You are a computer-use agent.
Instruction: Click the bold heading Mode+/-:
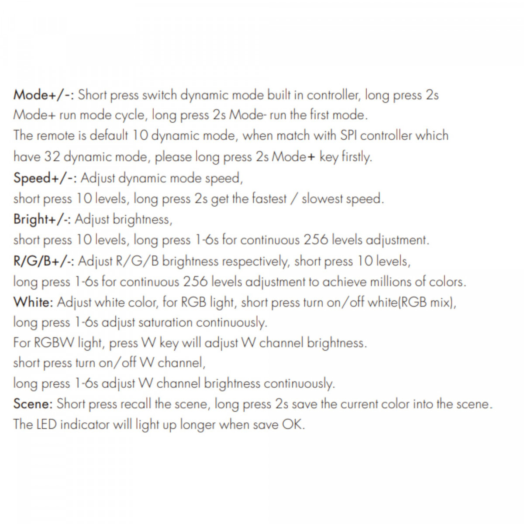[44, 95]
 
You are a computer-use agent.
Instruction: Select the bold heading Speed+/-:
[45, 178]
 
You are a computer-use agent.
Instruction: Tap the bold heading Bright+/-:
[42, 219]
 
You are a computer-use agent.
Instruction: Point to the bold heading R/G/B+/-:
[44, 261]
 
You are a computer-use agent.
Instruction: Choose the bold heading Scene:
[33, 404]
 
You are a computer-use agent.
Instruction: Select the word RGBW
[54, 343]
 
